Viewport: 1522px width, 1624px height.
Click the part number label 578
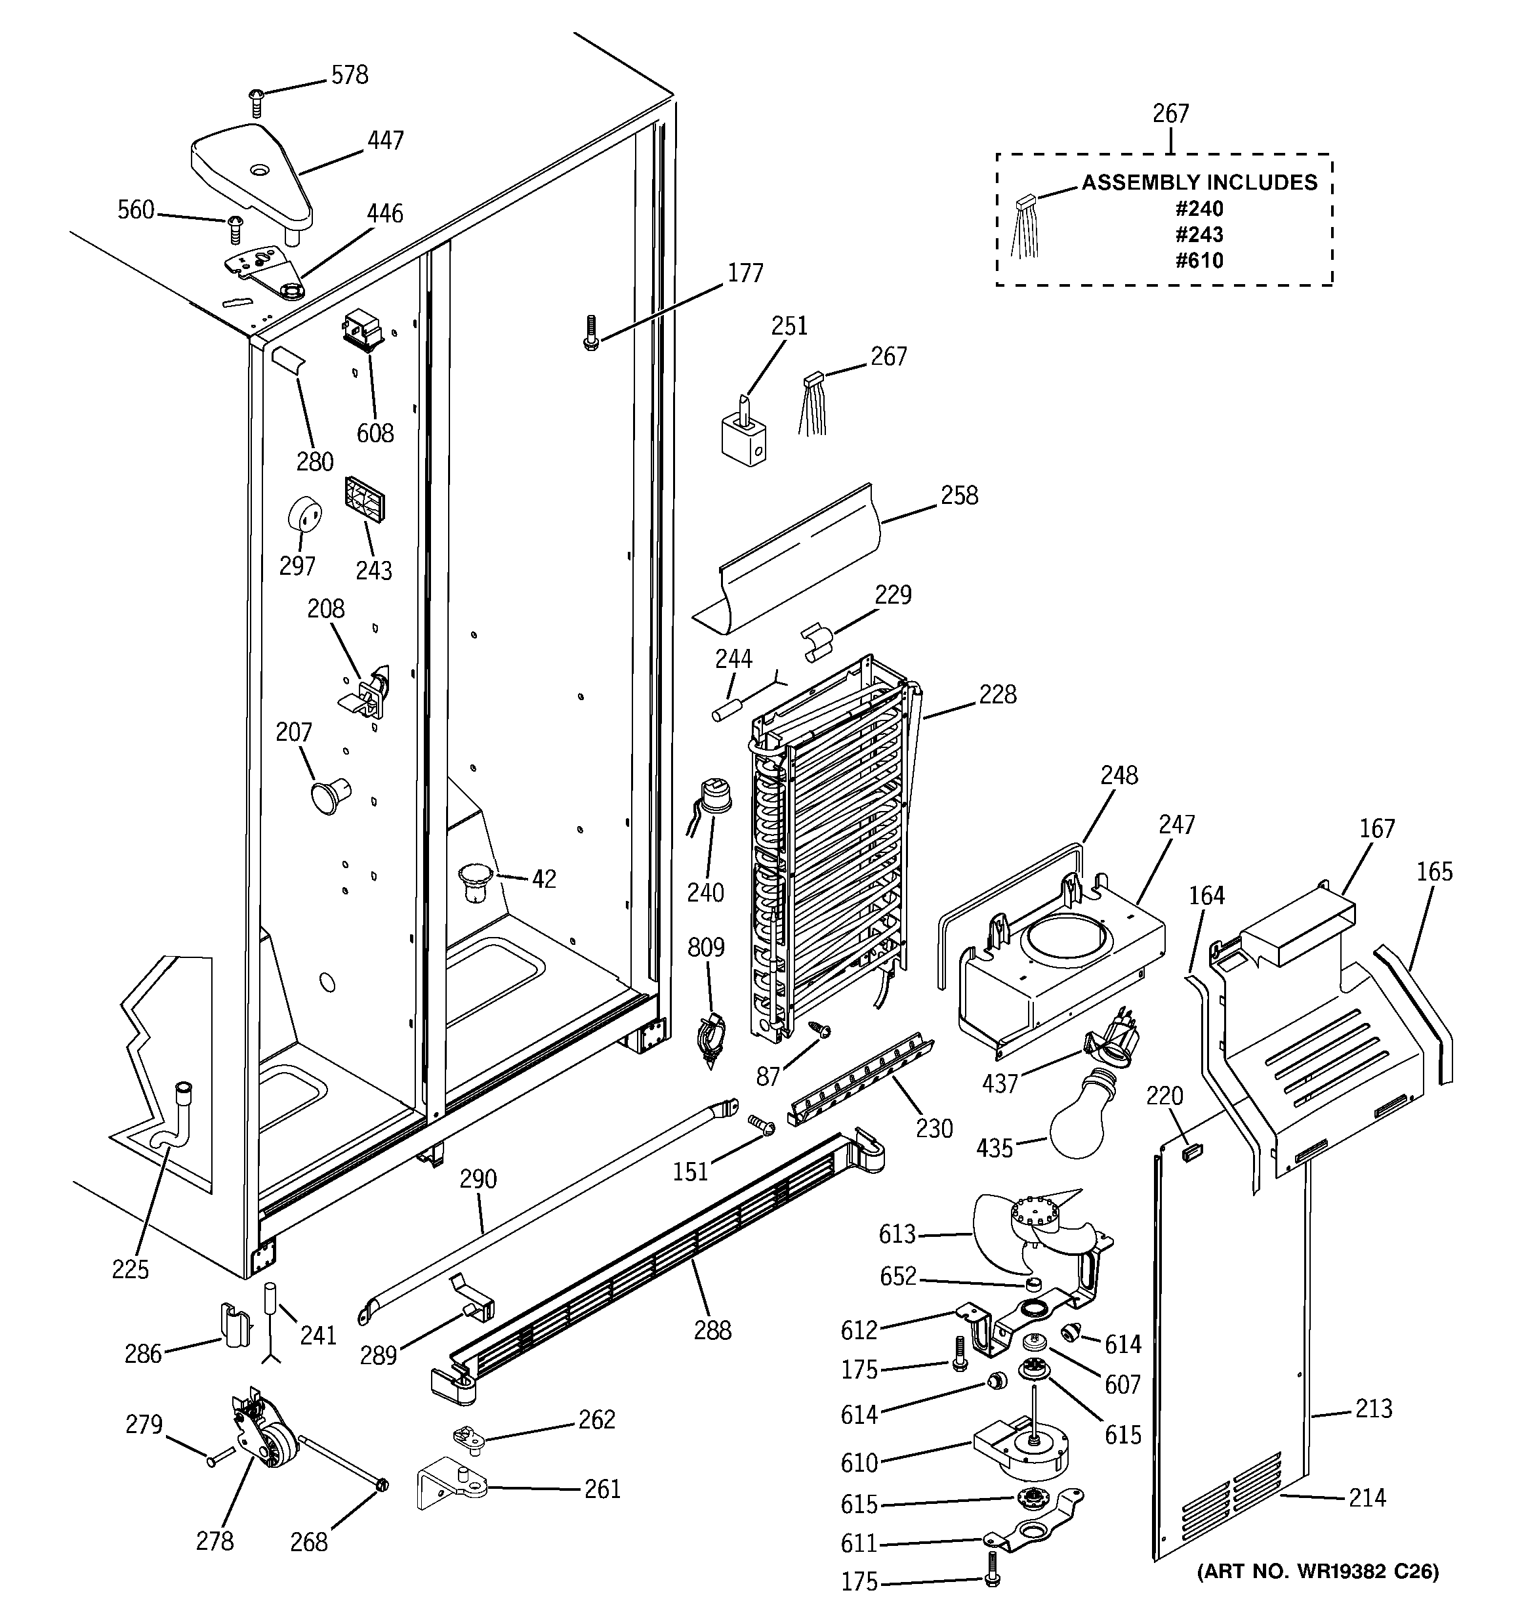(349, 75)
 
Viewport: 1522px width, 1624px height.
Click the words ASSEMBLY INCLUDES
(1199, 182)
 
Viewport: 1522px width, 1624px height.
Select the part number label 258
(958, 496)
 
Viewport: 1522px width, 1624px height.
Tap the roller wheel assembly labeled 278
(260, 1440)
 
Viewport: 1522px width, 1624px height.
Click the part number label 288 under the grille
(712, 1331)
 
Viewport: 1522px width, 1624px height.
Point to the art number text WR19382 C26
(1317, 1572)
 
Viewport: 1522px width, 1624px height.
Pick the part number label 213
(1372, 1407)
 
